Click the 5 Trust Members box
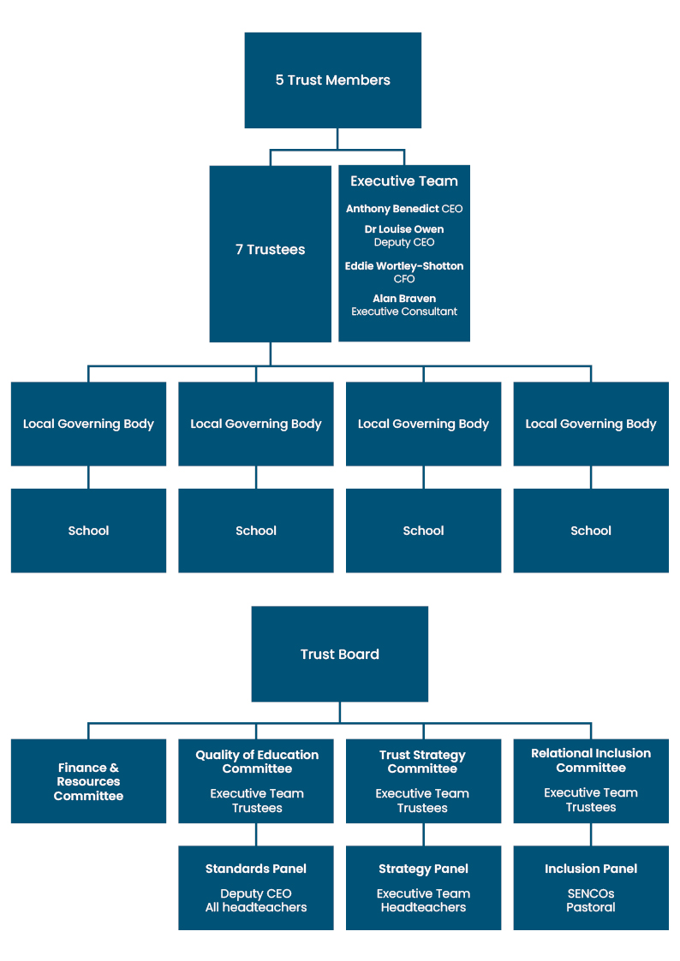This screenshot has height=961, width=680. point(332,80)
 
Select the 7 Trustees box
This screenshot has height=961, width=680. point(270,250)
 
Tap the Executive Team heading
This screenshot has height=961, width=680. point(404,181)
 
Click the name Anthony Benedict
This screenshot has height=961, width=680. point(392,209)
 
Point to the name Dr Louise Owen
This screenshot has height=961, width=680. point(404,229)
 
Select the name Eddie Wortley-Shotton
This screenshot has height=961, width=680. point(404,266)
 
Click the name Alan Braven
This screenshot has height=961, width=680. point(404,299)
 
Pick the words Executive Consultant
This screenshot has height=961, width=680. point(404,311)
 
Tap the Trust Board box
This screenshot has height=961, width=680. point(339,655)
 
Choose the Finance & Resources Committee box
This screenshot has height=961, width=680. point(88,781)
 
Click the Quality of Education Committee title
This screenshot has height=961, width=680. point(257,762)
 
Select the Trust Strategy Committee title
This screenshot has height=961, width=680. point(422,762)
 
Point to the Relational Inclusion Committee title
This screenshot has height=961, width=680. point(591,760)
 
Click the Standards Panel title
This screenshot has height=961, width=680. point(256,869)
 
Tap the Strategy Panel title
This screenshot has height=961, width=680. point(423,869)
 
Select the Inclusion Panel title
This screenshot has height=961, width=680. point(591,869)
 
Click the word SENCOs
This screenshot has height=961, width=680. point(591,893)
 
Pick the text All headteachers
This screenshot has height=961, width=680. point(256,907)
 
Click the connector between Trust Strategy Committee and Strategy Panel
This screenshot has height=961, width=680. point(424,834)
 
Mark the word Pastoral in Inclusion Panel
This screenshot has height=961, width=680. point(591,907)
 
